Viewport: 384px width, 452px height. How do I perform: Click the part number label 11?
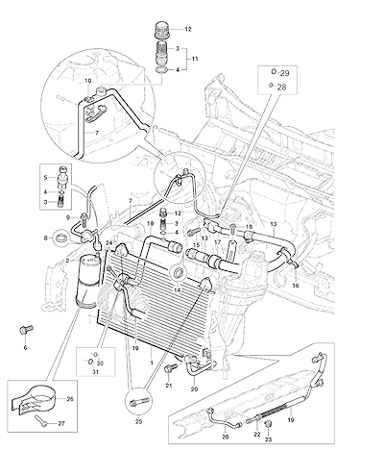point(195,59)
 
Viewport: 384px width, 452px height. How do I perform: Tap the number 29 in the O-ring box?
point(284,73)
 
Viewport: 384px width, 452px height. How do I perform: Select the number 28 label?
point(281,87)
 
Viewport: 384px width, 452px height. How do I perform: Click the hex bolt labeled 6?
point(26,329)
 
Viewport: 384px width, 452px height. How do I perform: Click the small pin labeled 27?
point(41,420)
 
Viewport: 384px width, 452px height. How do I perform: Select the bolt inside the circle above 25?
point(138,403)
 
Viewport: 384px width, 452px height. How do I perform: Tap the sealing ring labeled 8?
point(61,239)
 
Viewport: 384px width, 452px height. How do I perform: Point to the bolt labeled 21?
point(170,367)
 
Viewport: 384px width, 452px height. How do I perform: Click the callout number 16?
point(296,286)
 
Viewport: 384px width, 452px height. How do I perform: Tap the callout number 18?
point(250,227)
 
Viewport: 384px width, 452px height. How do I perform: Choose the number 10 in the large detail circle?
point(88,81)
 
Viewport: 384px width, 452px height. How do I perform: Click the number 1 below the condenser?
point(152,363)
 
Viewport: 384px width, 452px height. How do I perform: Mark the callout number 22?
point(257,434)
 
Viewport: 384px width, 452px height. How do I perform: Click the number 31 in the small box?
point(95,372)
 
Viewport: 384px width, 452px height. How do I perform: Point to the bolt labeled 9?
point(84,218)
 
